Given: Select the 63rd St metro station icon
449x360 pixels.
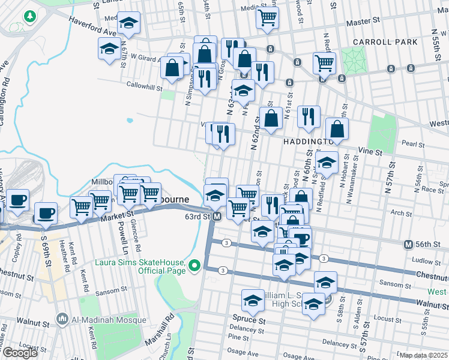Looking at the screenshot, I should point(218,216).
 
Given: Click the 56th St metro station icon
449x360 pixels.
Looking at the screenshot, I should point(408,244).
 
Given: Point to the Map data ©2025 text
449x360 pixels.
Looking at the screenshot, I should point(423,355).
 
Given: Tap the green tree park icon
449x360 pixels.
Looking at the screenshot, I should point(28,14).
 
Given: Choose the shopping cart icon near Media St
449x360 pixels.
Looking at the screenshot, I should point(267,16).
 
